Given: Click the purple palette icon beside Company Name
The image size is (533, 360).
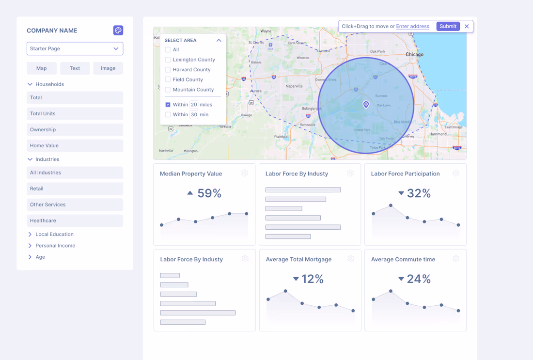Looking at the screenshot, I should tap(118, 31).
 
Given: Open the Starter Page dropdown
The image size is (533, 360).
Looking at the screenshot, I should tap(75, 48).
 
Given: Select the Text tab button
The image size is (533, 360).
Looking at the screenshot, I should tap(75, 68).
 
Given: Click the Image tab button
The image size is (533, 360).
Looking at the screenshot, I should tap(108, 68).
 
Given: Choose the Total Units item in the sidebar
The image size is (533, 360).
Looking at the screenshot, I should tap(75, 113).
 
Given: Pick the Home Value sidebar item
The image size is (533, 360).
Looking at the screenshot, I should tap(75, 145).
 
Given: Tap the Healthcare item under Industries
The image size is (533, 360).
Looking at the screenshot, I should tap(75, 220).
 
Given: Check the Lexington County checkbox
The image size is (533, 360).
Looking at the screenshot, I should tap(168, 60).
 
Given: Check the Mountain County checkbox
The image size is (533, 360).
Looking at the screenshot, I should tap(168, 90).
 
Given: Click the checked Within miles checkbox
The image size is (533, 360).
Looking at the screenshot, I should tap(168, 105).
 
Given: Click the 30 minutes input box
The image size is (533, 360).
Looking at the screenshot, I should tap(194, 115).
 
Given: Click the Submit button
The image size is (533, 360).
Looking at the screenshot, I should tap(448, 26).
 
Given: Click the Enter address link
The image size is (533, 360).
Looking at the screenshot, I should tap(412, 26).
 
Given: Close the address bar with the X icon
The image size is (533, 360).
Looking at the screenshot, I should tap(467, 26).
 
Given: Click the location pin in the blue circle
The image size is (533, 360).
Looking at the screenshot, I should tap(366, 104).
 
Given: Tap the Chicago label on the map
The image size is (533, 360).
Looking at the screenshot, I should tap(414, 54).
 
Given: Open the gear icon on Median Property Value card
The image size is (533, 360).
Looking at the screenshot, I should tap(245, 173).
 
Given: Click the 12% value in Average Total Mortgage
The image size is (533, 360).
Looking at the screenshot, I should tap(312, 279).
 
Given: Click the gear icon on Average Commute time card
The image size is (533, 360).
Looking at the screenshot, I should tap(456, 259).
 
